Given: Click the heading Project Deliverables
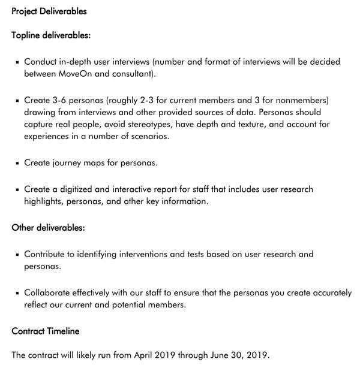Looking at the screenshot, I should coord(49,11).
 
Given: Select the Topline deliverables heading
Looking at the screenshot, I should coord(51,35).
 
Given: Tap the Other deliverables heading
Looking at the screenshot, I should coord(48,228).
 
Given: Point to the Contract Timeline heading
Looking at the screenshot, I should coord(46,331).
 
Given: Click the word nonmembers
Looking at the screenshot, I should coord(299,100).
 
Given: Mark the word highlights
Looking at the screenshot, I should coord(44,201).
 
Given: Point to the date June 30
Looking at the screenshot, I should coord(225,354).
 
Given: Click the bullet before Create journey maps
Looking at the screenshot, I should coord(18,163).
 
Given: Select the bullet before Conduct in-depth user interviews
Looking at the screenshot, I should coord(18,62).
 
